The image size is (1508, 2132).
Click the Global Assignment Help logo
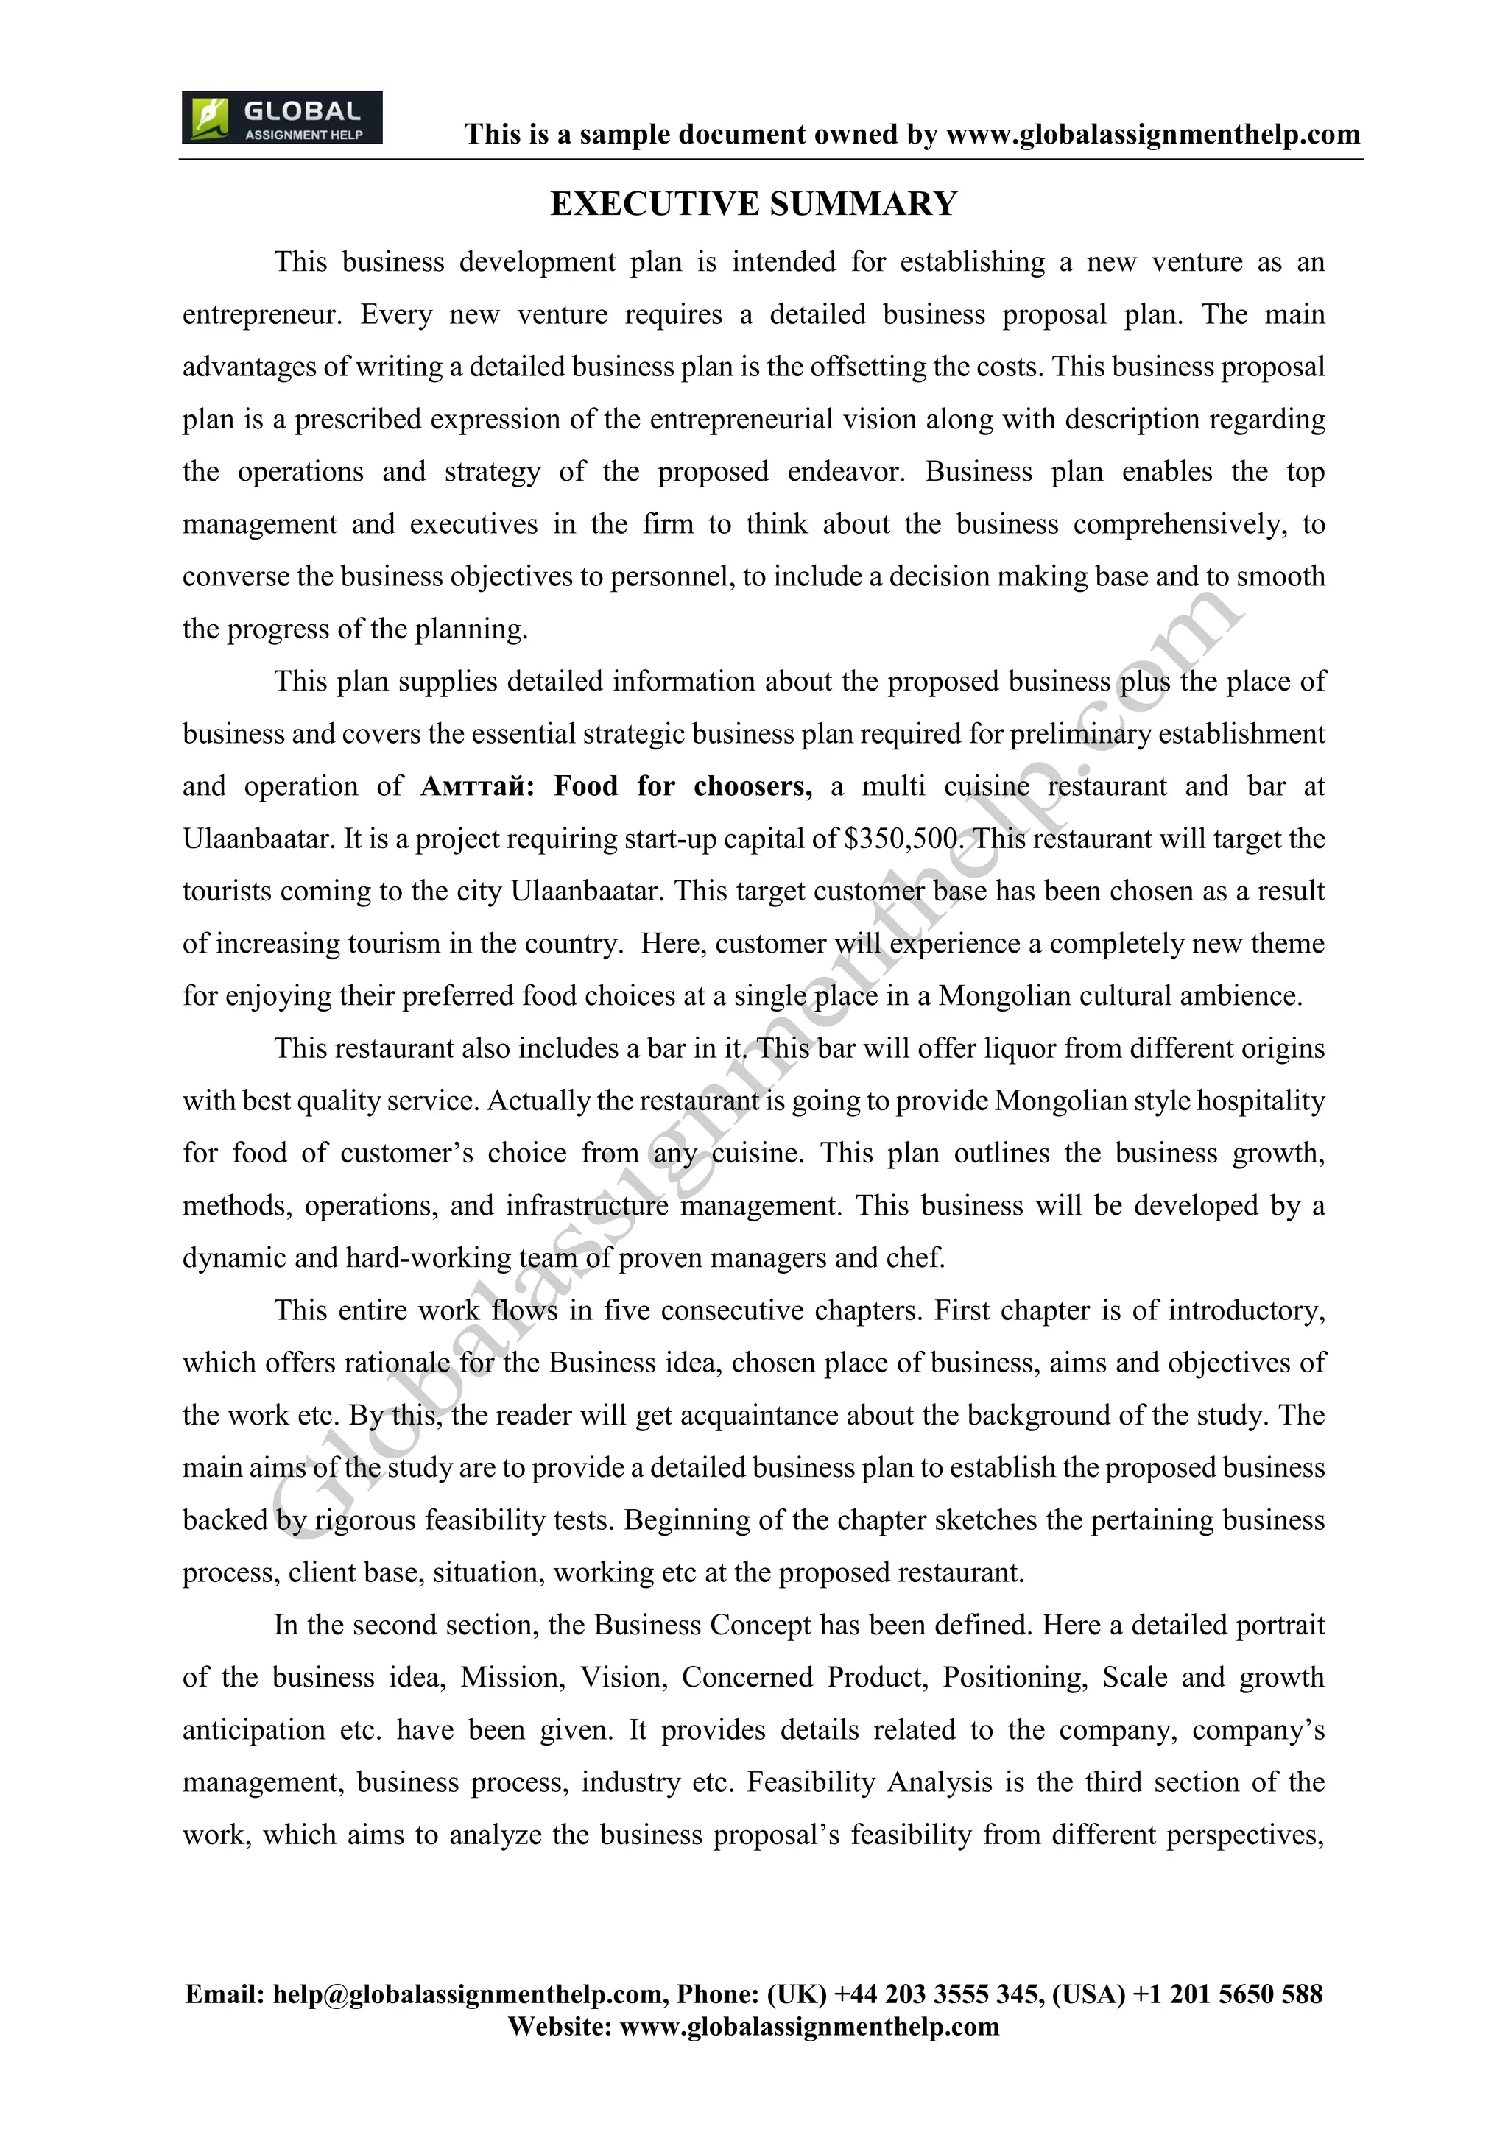click(x=281, y=118)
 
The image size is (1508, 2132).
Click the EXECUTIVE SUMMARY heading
click(x=753, y=204)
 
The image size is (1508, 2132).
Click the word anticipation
click(x=253, y=1731)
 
